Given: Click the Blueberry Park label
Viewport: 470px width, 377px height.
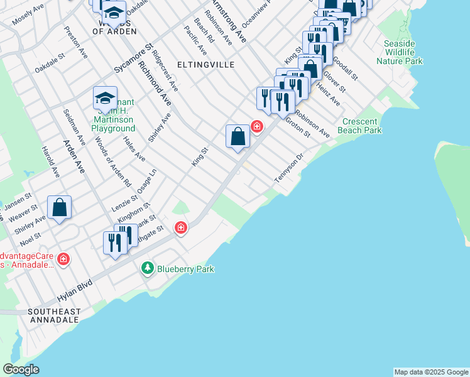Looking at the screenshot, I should [185, 269].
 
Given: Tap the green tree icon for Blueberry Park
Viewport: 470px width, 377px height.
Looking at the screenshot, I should [148, 269].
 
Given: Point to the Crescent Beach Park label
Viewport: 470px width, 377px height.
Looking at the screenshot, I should [362, 126].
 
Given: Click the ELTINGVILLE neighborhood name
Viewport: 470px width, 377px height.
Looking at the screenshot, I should [205, 65].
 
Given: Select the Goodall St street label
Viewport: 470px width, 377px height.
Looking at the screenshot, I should [344, 68].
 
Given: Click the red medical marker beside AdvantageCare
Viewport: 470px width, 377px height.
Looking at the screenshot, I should [63, 258].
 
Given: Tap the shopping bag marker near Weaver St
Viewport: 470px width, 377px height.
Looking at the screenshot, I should [59, 207].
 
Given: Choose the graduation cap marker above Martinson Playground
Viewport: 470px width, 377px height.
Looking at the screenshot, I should [105, 98].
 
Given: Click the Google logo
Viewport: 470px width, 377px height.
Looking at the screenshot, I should [21, 369].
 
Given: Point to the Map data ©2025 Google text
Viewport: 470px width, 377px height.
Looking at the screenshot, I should [431, 372].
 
